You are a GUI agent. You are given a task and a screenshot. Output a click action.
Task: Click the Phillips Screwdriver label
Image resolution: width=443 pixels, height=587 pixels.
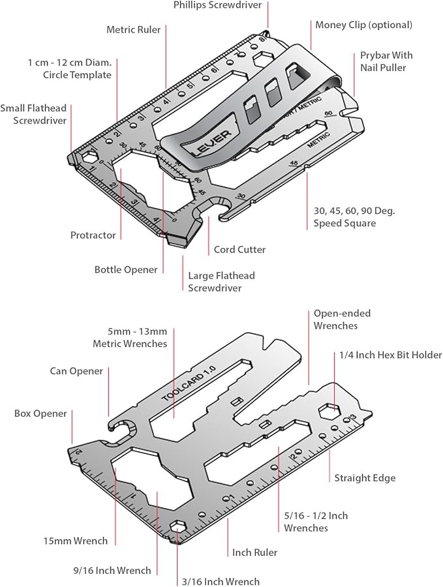click(x=217, y=5)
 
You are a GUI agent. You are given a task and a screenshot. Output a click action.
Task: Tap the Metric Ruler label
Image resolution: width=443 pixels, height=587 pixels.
click(x=134, y=29)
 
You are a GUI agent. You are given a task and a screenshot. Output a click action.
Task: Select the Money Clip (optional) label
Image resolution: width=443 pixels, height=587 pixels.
click(x=363, y=25)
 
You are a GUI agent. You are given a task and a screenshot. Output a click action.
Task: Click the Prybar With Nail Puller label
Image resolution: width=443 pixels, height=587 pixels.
click(x=386, y=61)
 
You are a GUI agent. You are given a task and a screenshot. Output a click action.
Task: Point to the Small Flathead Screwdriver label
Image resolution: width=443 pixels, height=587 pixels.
click(x=33, y=114)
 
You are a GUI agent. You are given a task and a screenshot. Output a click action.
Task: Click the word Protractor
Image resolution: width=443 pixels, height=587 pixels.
click(x=93, y=235)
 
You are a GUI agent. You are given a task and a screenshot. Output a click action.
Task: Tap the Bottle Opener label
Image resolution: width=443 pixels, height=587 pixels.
click(x=126, y=269)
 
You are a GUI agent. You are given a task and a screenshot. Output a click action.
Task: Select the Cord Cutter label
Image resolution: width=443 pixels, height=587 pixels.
click(x=239, y=250)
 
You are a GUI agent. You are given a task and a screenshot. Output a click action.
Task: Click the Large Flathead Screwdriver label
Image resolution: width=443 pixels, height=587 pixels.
click(x=221, y=282)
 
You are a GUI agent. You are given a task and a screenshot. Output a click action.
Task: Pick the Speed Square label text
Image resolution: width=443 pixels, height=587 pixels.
click(x=344, y=217)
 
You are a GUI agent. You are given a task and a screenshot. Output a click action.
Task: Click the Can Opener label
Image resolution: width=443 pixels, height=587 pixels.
click(x=76, y=371)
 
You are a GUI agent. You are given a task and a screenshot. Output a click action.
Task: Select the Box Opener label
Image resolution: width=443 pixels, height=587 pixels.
click(x=40, y=414)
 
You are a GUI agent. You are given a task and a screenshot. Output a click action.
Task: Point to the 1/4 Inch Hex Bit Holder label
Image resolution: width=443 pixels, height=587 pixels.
click(x=390, y=355)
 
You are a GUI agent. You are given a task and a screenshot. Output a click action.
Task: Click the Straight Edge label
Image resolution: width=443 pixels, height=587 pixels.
click(x=365, y=478)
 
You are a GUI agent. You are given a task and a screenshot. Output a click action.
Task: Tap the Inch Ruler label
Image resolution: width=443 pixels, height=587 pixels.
click(x=254, y=552)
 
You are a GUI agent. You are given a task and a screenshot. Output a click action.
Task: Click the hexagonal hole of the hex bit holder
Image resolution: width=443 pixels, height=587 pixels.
click(x=329, y=412)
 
